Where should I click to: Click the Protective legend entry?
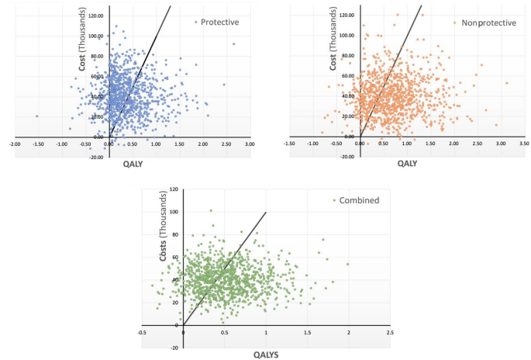[x=219, y=22]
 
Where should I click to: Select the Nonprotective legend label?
[x=488, y=22]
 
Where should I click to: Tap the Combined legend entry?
[x=359, y=200]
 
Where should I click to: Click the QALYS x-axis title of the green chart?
[x=267, y=354]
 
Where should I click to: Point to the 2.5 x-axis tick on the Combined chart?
[x=390, y=333]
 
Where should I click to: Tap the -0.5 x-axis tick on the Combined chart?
[x=142, y=333]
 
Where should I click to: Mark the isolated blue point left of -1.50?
[x=36, y=116]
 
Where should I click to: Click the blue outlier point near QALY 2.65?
[x=233, y=44]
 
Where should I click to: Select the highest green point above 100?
[x=210, y=210]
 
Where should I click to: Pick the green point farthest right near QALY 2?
[x=348, y=264]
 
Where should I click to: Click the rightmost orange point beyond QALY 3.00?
[x=506, y=83]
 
